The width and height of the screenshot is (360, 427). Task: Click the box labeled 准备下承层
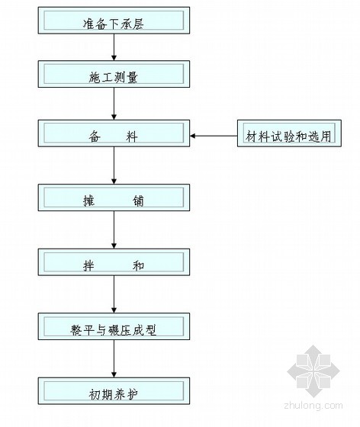pyautogui.click(x=114, y=21)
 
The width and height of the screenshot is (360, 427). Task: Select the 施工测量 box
pyautogui.click(x=114, y=74)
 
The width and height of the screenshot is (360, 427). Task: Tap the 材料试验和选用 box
pyautogui.click(x=289, y=133)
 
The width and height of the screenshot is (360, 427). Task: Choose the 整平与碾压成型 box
pyautogui.click(x=114, y=326)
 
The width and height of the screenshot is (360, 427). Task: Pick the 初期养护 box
pyautogui.click(x=114, y=390)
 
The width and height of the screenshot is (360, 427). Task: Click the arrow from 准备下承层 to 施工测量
pyautogui.click(x=114, y=47)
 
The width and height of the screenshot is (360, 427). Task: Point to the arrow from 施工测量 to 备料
pyautogui.click(x=114, y=104)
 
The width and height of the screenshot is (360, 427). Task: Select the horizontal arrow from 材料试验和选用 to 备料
pyautogui.click(x=214, y=136)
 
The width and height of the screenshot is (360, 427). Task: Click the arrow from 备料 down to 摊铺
pyautogui.click(x=114, y=165)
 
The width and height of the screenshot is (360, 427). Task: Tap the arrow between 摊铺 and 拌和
pyautogui.click(x=114, y=230)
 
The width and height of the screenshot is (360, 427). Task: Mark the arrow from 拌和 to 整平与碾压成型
pyautogui.click(x=114, y=294)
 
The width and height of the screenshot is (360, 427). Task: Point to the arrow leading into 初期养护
pyautogui.click(x=114, y=358)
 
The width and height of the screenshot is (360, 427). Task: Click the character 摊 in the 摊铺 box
pyautogui.click(x=89, y=201)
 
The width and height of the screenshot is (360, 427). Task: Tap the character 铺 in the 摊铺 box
pyautogui.click(x=138, y=201)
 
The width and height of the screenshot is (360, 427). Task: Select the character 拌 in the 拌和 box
pyautogui.click(x=89, y=265)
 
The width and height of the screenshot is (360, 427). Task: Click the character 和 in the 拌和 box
pyautogui.click(x=138, y=265)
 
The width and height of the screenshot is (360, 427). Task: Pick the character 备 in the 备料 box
pyautogui.click(x=95, y=136)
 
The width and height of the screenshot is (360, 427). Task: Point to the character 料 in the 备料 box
pyautogui.click(x=132, y=136)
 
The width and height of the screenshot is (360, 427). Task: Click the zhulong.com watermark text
pyautogui.click(x=313, y=406)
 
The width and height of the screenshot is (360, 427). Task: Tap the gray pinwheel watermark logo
pyautogui.click(x=313, y=371)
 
